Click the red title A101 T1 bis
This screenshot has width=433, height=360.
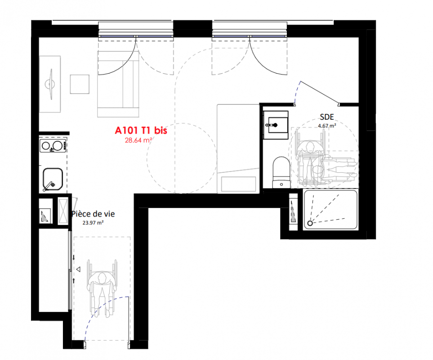pyautogui.click(x=141, y=130)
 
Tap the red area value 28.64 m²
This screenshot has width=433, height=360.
pyautogui.click(x=138, y=140)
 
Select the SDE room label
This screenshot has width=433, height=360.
pyautogui.click(x=327, y=117)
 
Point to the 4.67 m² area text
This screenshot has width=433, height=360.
pyautogui.click(x=327, y=126)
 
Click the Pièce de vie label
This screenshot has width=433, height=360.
pyautogui.click(x=94, y=214)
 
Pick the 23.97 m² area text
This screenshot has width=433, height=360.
pyautogui.click(x=93, y=222)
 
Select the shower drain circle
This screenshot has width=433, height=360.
pyautogui.click(x=310, y=223)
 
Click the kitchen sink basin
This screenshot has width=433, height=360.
pyautogui.click(x=53, y=179)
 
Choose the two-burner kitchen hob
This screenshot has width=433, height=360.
pyautogui.click(x=53, y=146)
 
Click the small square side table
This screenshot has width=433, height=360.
pyautogui.click(x=80, y=84)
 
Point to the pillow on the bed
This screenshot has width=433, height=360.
pyautogui.click(x=239, y=184)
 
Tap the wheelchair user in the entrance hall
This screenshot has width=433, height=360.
pyautogui.click(x=102, y=288)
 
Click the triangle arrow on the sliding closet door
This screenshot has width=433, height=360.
pyautogui.click(x=78, y=269)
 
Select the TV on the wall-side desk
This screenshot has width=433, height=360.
pyautogui.click(x=51, y=84)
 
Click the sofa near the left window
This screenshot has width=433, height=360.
pyautogui.click(x=118, y=84)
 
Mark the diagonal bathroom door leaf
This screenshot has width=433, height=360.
pyautogui.click(x=320, y=93)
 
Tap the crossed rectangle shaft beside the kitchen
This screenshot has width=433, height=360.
pyautogui.click(x=63, y=211)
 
